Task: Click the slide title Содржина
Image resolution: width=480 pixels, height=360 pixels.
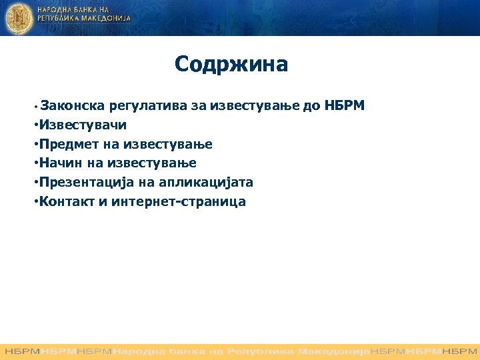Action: tap(231, 65)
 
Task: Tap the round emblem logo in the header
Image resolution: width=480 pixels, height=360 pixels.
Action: tap(18, 17)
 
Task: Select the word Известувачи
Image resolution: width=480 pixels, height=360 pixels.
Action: tap(83, 125)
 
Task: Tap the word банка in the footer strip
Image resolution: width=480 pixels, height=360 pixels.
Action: tap(172, 350)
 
